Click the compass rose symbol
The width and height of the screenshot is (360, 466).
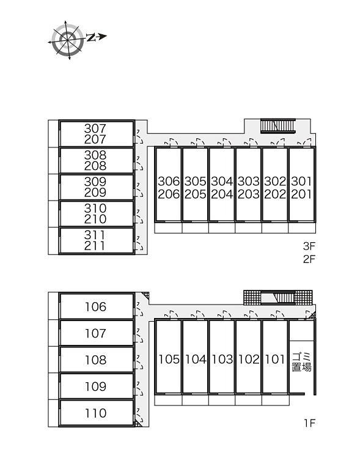pyautogui.click(x=67, y=40)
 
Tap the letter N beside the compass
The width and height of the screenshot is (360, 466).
pyautogui.click(x=91, y=37)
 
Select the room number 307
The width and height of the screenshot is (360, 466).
pyautogui.click(x=95, y=128)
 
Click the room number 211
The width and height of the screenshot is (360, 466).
pyautogui.click(x=95, y=246)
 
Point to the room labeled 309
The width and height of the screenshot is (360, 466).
pyautogui.click(x=95, y=182)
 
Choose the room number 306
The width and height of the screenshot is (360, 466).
pyautogui.click(x=169, y=181)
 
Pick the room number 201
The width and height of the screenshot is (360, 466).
pyautogui.click(x=301, y=194)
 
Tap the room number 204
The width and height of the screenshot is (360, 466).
pyautogui.click(x=222, y=194)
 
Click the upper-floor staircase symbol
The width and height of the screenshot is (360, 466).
pyautogui.click(x=277, y=126)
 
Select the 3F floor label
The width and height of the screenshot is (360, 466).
pyautogui.click(x=309, y=246)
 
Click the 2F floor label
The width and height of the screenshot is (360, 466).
pyautogui.click(x=309, y=259)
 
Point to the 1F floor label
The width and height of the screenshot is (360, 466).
pyautogui.click(x=309, y=423)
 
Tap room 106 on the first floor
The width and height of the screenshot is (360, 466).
pyautogui.click(x=95, y=307)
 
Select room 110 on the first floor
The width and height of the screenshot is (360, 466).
pyautogui.click(x=95, y=413)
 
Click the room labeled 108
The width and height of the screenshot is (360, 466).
pyautogui.click(x=95, y=360)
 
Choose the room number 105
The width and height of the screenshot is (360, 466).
pyautogui.click(x=169, y=360)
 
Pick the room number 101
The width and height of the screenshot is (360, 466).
pyautogui.click(x=275, y=360)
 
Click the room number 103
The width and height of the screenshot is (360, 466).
pyautogui.click(x=222, y=360)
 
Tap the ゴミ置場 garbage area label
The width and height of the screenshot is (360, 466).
pyautogui.click(x=301, y=362)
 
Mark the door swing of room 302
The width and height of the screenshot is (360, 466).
pyautogui.click(x=277, y=142)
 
